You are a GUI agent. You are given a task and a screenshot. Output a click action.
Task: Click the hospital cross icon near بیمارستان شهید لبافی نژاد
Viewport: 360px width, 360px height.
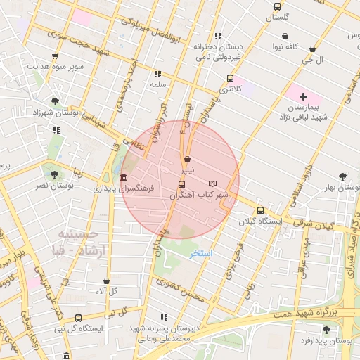click(x=303, y=96)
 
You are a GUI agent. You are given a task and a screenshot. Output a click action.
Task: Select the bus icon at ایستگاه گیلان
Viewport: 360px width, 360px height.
click(x=261, y=210)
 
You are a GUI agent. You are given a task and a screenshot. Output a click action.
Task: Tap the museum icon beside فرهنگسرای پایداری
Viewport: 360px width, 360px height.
click(x=124, y=176)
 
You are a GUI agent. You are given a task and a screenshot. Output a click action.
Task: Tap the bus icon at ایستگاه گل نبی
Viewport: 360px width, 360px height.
click(x=78, y=317)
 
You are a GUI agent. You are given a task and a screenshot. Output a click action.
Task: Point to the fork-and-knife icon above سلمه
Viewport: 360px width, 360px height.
click(x=157, y=73)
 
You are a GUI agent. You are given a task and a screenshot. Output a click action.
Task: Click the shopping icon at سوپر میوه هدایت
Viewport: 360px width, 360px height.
click(x=56, y=56)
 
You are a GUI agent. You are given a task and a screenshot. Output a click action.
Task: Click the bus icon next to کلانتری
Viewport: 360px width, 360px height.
click(x=230, y=78)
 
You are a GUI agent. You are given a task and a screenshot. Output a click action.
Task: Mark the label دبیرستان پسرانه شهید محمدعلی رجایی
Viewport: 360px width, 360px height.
click(x=160, y=333)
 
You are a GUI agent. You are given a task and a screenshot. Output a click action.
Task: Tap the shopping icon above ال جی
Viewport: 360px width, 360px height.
click(x=312, y=49)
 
